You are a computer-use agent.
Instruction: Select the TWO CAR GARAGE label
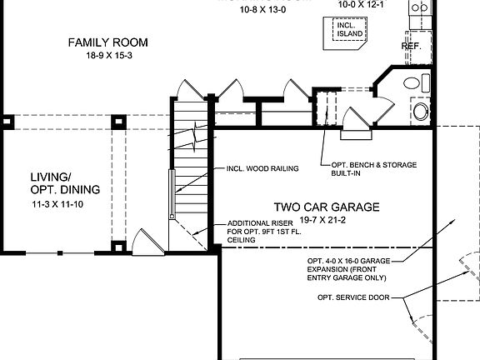tap(327, 206)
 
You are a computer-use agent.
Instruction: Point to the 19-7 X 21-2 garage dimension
tap(327, 219)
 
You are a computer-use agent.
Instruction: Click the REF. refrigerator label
tap(411, 47)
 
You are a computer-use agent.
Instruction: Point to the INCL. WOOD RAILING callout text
tap(262, 168)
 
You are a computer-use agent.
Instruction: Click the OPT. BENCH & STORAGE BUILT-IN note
tap(368, 169)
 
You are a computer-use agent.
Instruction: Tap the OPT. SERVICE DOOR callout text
tap(354, 297)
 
